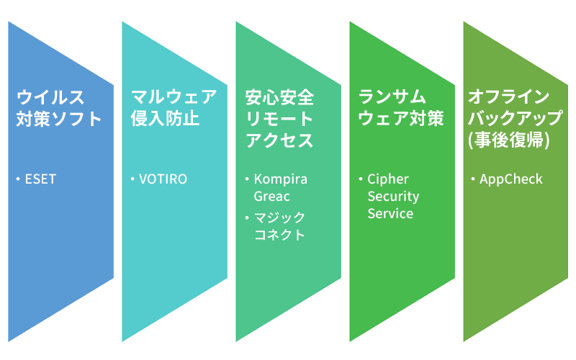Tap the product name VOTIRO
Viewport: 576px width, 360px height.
(x=163, y=179)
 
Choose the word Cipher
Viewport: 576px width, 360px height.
(x=388, y=179)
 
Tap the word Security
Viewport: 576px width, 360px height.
(x=393, y=196)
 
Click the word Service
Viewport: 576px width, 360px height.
(x=390, y=213)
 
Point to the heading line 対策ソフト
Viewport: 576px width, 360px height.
(x=59, y=119)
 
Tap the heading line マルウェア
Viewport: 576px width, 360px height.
(x=173, y=97)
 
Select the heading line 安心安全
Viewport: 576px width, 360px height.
(x=279, y=97)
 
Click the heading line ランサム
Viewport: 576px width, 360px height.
(x=392, y=97)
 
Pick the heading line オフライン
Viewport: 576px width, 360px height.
(x=509, y=97)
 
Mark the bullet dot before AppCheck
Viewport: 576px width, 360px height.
(x=472, y=179)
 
